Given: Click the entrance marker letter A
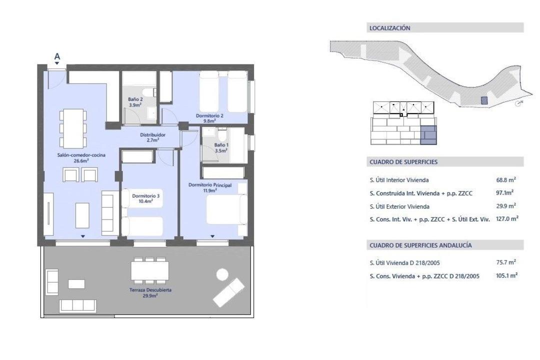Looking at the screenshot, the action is [57, 56].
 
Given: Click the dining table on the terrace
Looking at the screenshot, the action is [150, 271].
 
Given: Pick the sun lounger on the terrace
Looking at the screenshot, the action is [228, 292].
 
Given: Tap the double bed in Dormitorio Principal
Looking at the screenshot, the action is [226, 209].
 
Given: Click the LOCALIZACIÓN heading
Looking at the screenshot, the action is [390, 28].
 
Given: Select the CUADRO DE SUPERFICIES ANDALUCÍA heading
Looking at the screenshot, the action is [420, 245].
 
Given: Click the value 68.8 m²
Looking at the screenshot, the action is [506, 179].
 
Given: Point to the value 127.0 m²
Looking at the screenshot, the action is [507, 218].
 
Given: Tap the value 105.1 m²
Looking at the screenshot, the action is [506, 275].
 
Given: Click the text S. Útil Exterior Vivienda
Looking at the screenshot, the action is [399, 206].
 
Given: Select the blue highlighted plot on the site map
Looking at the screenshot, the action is [484, 100].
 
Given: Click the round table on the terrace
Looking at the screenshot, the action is [222, 274].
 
